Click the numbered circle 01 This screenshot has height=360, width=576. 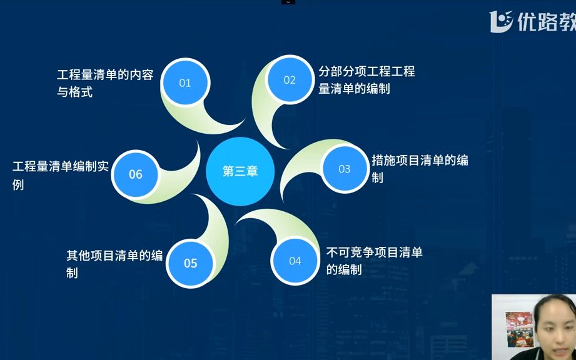pos(184,82)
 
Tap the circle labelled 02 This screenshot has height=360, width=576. pos(289,80)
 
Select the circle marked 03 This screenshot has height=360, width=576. pos(344,169)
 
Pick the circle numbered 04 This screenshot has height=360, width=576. pos(295,261)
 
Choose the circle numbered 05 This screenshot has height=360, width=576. pos(190,263)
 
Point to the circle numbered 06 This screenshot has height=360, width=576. pos(136,174)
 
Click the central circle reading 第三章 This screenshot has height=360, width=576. pos(240,171)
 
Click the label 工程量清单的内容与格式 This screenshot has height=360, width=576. pos(104,83)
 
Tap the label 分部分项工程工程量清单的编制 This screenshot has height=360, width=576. pos(366,80)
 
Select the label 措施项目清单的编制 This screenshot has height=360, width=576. pos(420,169)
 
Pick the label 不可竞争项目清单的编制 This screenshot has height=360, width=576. pos(374,261)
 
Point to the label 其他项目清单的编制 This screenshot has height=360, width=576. pos(114,264)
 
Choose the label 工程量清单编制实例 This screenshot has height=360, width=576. pos(61,175)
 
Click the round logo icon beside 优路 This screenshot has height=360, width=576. pos(501,21)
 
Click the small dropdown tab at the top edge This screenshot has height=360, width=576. pos(288,2)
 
